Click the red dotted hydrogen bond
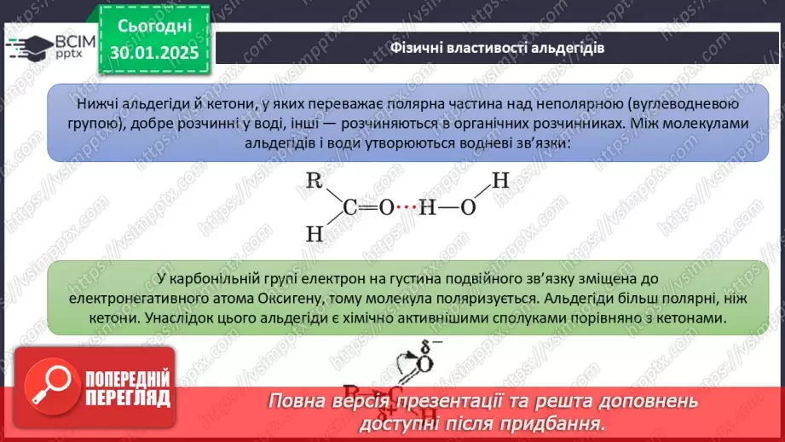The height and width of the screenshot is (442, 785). click(406, 208)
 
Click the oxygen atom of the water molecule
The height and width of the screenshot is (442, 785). click(467, 208)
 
